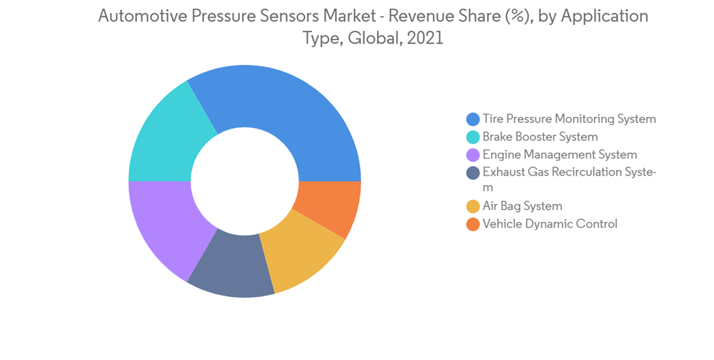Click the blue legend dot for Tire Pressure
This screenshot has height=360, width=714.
(473, 119)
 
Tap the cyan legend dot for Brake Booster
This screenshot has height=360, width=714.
(473, 137)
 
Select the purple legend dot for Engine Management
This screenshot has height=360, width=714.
(473, 155)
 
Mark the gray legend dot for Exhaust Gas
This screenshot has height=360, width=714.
(473, 173)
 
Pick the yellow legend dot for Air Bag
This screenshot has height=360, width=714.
(473, 206)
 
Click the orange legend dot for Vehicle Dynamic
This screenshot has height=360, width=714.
(473, 224)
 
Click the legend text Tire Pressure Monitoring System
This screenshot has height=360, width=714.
(569, 119)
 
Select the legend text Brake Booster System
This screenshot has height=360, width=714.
(540, 136)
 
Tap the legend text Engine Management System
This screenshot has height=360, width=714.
(560, 154)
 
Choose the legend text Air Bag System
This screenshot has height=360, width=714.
(522, 206)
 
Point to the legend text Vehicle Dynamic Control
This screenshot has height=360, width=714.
(550, 224)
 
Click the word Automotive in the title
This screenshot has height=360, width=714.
(143, 16)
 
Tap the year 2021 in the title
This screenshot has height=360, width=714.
(425, 39)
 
